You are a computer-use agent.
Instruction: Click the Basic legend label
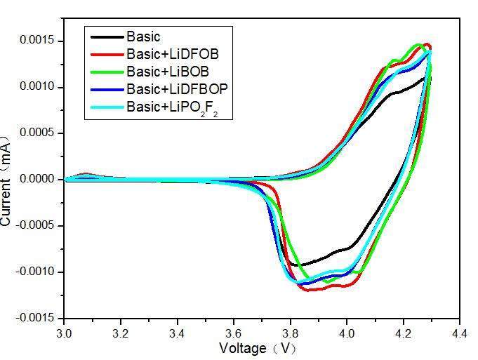143,36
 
